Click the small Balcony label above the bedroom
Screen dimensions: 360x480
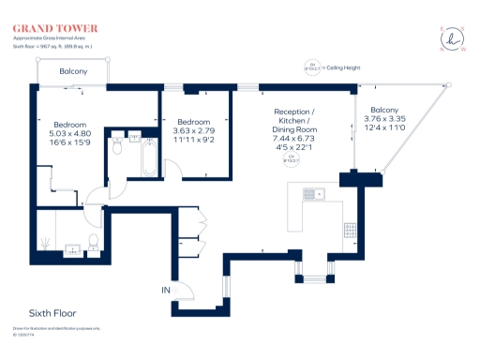[73, 72]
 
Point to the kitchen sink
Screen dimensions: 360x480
[311, 195]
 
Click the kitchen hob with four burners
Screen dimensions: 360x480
[349, 228]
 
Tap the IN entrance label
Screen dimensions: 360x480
[165, 292]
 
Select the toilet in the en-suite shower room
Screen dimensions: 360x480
[92, 244]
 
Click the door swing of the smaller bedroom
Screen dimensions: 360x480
[173, 167]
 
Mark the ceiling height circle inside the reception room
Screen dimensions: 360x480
[303, 158]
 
